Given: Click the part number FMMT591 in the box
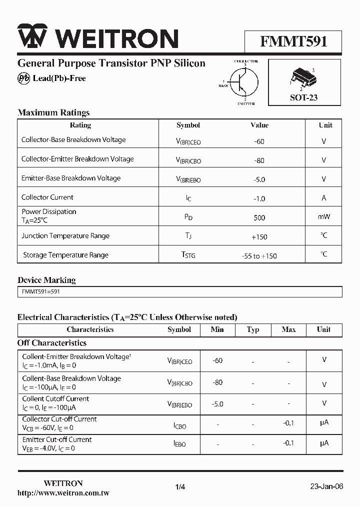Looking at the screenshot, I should point(293,41).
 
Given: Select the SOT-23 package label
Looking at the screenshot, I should point(303,97).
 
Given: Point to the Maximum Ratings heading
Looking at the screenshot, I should point(53,112).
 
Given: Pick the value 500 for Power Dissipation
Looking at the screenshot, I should point(259,217).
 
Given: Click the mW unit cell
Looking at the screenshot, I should point(324,217).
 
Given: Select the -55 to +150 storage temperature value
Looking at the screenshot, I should point(259,256).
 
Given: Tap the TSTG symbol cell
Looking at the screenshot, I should point(188,255).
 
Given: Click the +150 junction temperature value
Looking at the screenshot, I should point(259,236).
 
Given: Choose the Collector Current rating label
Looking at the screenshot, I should point(47,197).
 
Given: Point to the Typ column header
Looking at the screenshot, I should point(253,329).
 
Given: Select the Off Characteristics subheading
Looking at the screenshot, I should point(52,343).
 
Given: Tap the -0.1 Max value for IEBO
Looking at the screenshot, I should point(288,443).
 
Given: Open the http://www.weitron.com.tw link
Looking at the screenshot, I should point(63,493).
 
